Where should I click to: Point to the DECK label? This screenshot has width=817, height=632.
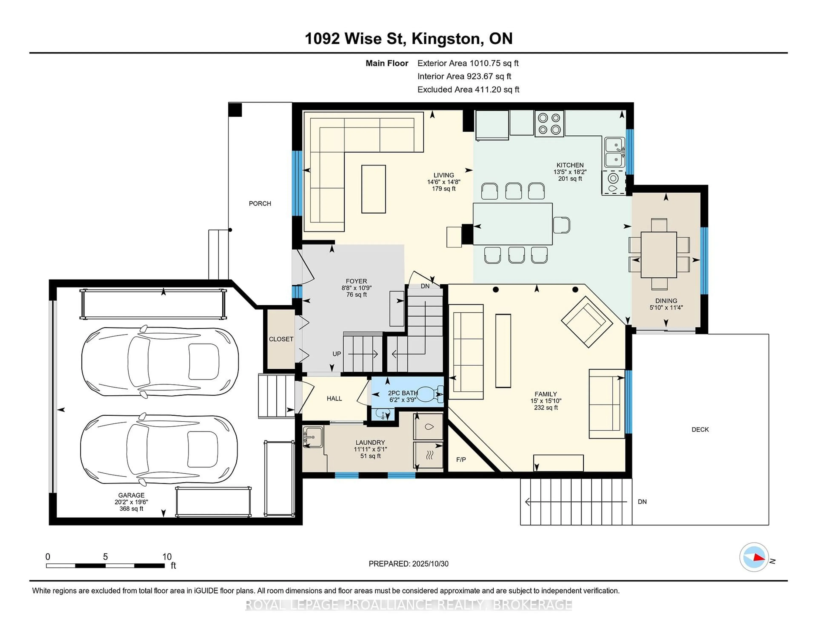coord(700,429)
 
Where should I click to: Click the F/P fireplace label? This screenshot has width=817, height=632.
coord(461,459)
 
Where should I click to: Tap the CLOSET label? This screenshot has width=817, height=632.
coord(281,339)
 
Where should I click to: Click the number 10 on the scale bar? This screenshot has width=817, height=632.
coord(167,557)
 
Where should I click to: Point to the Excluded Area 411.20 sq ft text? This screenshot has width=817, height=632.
coord(468,89)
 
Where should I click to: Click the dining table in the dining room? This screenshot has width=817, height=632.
coord(658,255)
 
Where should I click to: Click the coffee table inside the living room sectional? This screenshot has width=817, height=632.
coord(373,189)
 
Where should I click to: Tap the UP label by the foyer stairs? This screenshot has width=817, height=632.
coord(337,354)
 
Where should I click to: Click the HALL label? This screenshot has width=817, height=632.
coord(334,398)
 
